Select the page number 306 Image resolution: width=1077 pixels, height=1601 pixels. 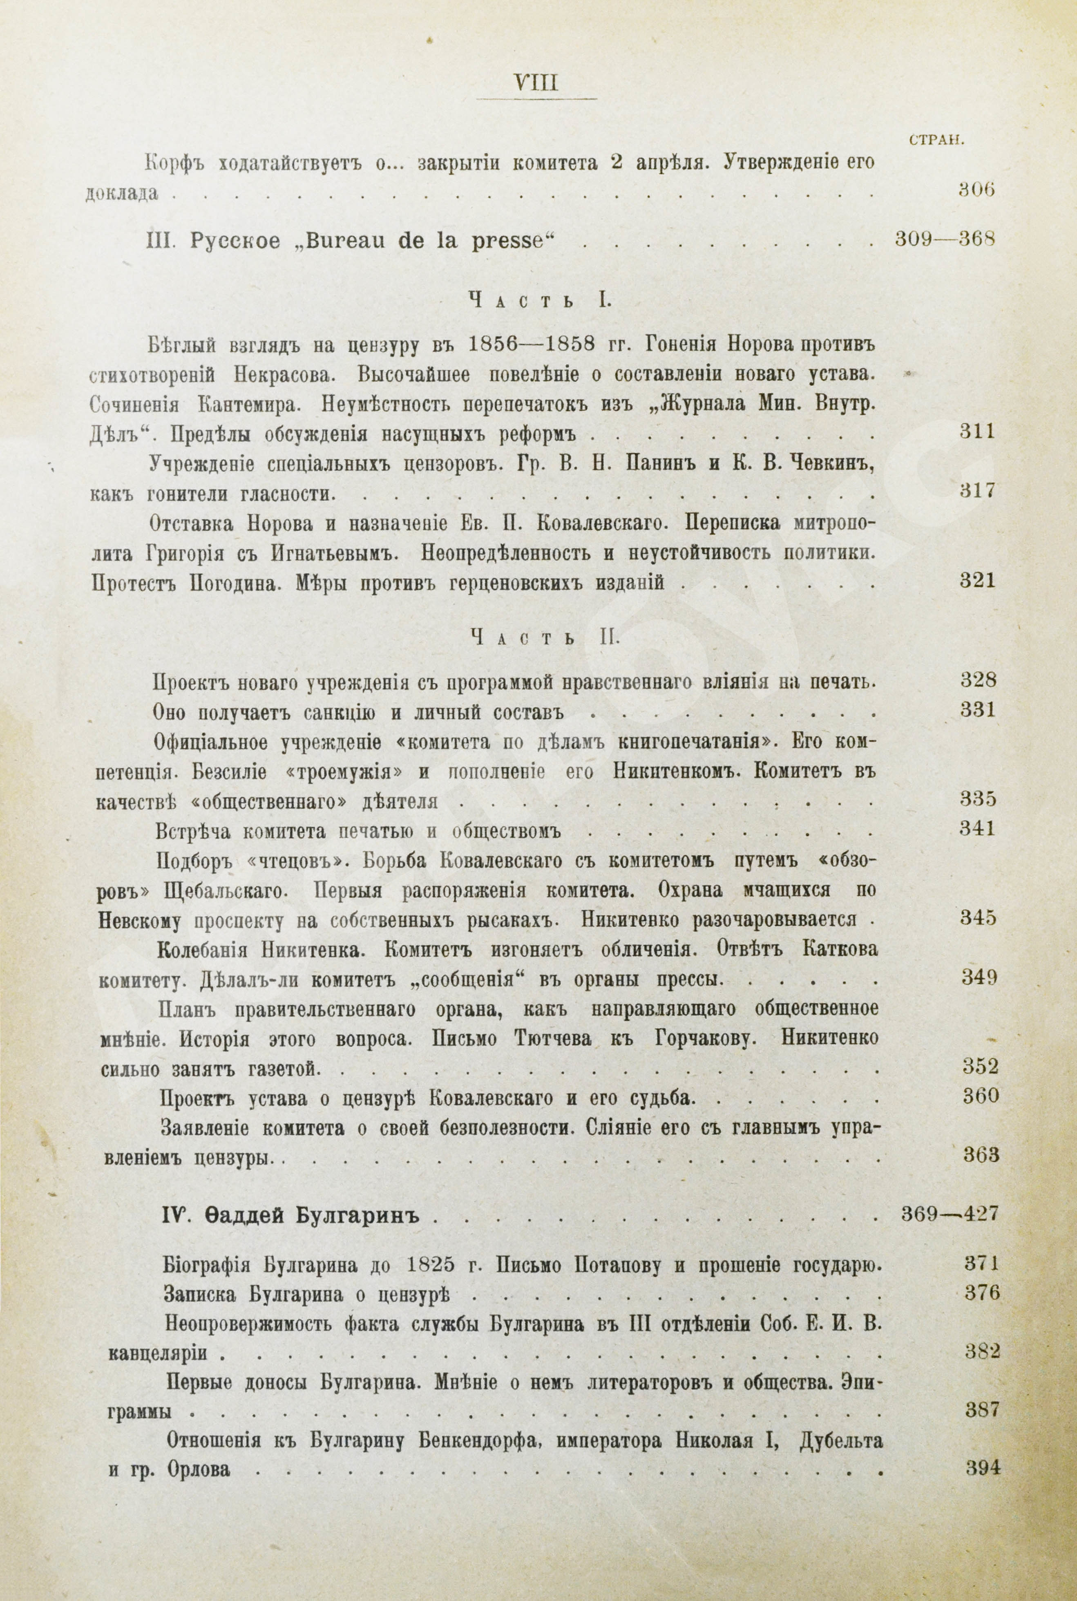point(976,191)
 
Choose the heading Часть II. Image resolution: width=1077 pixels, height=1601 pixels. point(545,638)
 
